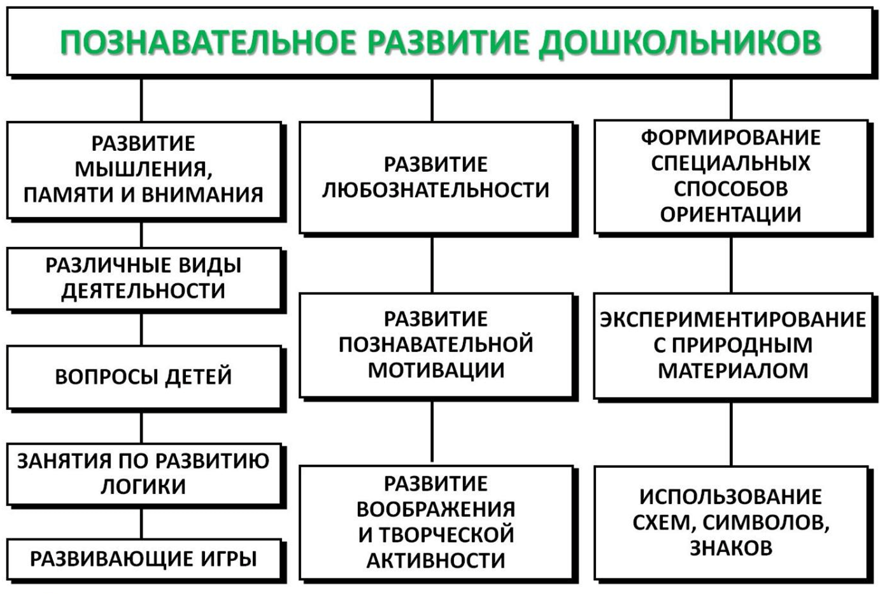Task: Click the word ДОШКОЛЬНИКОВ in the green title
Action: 679,43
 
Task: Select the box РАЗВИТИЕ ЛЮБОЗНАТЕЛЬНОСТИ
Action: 436,178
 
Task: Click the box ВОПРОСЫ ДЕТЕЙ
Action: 143,377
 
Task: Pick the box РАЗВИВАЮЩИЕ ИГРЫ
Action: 143,559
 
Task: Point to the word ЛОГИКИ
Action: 143,486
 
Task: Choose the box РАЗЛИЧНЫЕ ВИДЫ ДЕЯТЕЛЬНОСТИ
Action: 143,278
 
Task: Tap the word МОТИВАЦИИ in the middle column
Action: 436,370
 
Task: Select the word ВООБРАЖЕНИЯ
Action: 436,509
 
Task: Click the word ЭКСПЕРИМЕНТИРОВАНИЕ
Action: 732,319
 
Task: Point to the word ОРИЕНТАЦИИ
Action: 730,215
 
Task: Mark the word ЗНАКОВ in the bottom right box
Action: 731,548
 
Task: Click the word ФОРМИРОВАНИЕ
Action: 730,138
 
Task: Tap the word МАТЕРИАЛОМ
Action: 732,371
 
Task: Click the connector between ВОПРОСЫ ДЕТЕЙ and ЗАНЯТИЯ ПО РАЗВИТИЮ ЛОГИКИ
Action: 141,427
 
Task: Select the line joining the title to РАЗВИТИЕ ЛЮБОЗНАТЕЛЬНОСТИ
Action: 432,100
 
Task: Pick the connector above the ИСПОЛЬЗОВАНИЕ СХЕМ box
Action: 731,434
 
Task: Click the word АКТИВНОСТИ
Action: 436,560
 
